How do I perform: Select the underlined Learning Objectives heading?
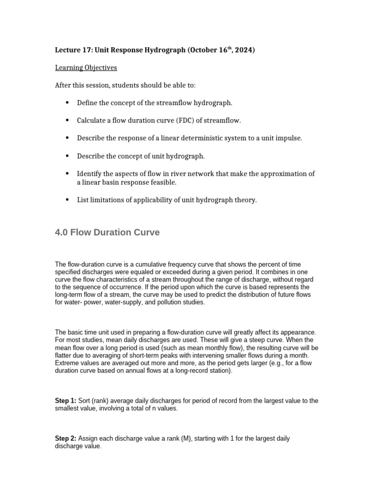click(x=86, y=68)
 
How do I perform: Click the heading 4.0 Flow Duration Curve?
click(x=107, y=232)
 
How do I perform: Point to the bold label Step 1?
click(x=65, y=401)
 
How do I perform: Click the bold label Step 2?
click(x=65, y=438)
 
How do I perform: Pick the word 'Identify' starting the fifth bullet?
click(x=89, y=174)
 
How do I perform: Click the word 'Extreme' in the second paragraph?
click(x=67, y=363)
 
